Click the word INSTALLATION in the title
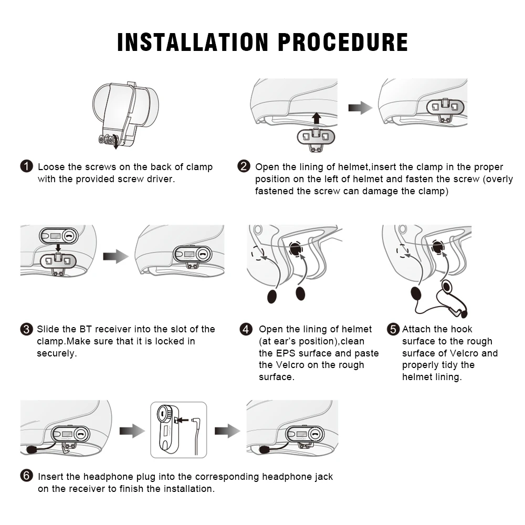pos(193,42)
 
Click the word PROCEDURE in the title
pos(343,42)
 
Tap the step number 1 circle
pos(26,166)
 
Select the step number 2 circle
pos(244,166)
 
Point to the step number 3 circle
pos(26,329)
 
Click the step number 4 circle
pos(246,329)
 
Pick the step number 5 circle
pos(393,329)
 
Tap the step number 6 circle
pos(26,476)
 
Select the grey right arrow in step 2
pos(360,108)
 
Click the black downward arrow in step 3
pos(58,248)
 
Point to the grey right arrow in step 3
pos(115,257)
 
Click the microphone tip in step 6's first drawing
pos(31,450)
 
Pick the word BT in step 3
pos(86,329)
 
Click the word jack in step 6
pos(323,477)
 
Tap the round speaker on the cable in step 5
pos(447,287)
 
